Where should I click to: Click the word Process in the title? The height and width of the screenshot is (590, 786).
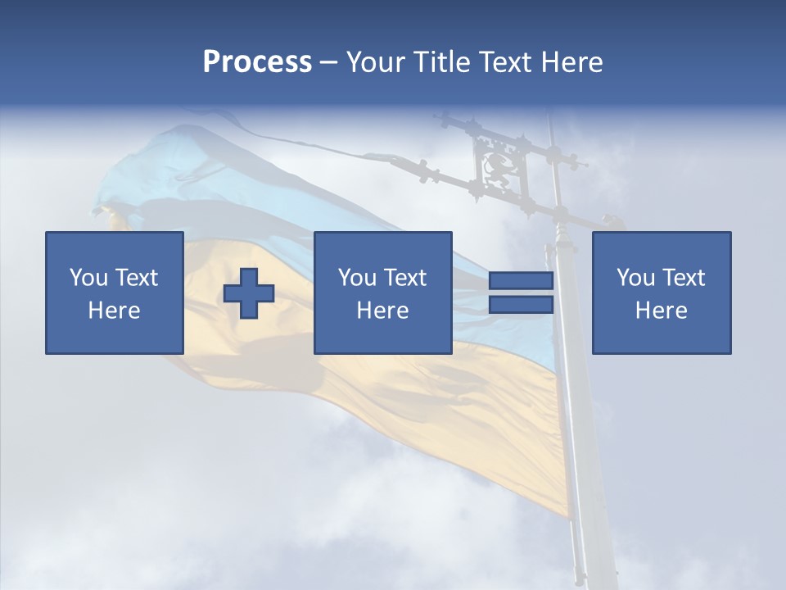(x=257, y=62)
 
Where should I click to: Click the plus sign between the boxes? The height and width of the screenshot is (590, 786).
(x=249, y=293)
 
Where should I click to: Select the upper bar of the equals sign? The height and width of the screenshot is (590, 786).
(x=521, y=281)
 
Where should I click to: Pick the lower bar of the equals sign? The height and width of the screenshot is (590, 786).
(x=521, y=305)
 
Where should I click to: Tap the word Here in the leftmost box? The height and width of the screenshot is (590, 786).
(x=114, y=311)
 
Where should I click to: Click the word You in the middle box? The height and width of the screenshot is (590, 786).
(x=357, y=278)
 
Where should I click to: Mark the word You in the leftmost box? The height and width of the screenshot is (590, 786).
(x=88, y=278)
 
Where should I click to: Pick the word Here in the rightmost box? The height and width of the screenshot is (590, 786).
(x=661, y=311)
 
